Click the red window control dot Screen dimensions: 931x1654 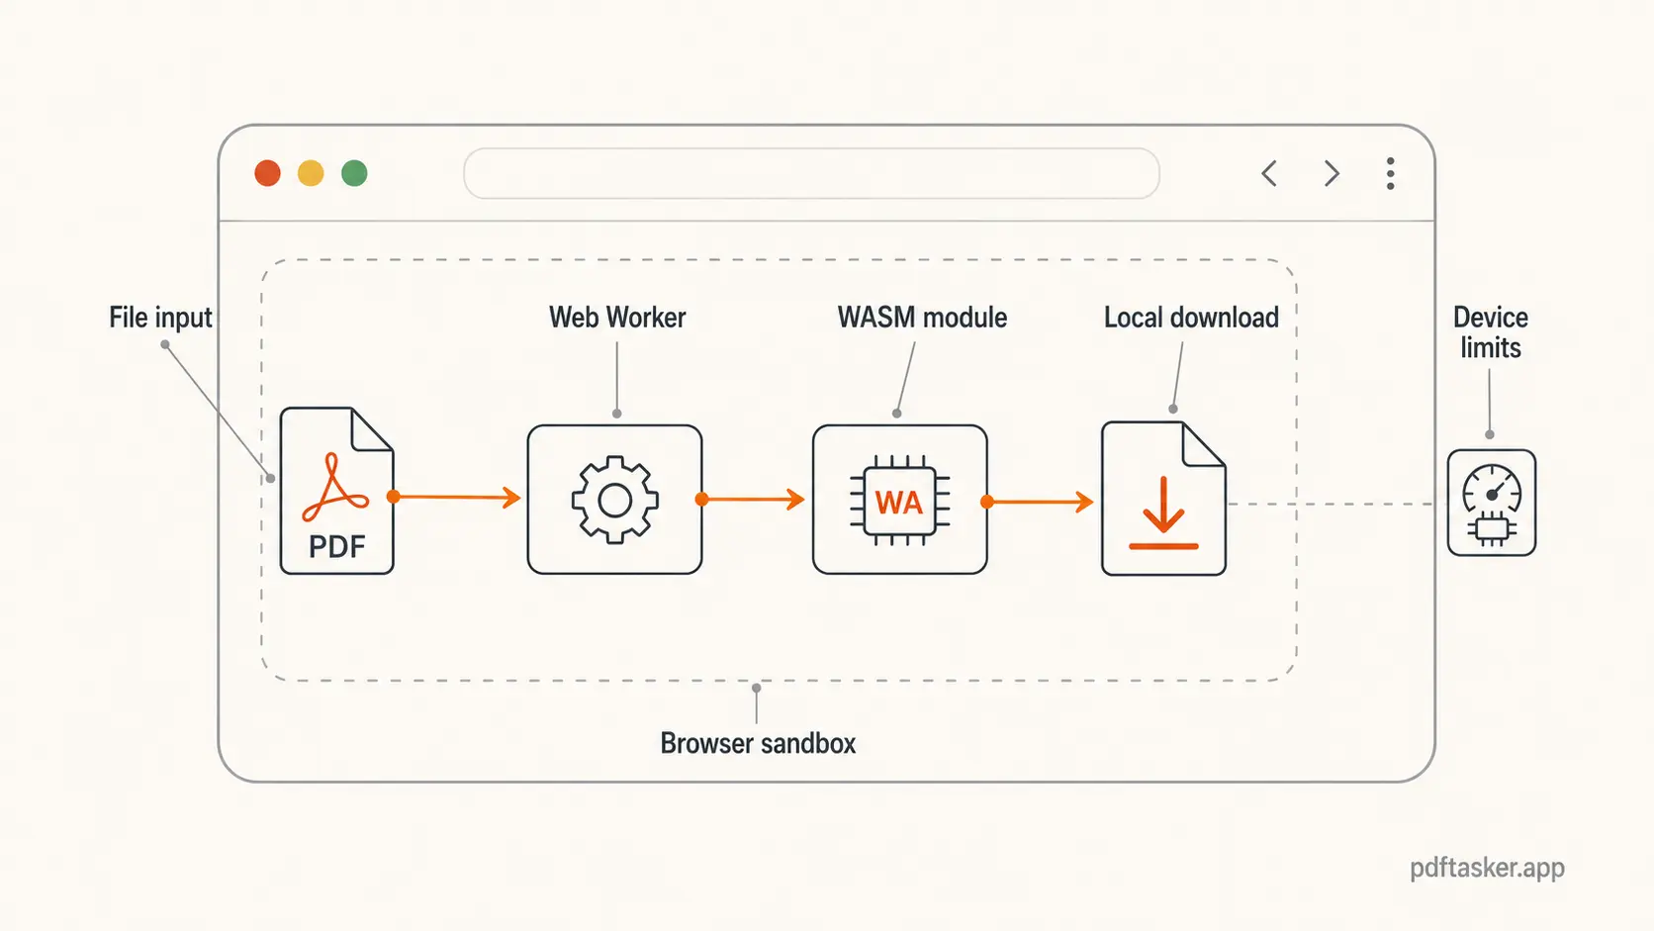tap(267, 173)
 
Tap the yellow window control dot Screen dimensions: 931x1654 tap(311, 173)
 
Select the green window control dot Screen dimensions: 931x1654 tap(354, 173)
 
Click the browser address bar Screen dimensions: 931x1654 tap(811, 173)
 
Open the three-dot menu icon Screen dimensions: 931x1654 tap(1390, 173)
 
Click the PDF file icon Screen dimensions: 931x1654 tap(336, 492)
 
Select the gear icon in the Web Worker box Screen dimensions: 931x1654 tap(614, 500)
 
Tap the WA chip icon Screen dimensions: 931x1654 tap(899, 502)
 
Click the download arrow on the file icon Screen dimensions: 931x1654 tap(1163, 510)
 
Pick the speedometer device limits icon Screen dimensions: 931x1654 tap(1491, 503)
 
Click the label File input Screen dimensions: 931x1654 tap(160, 318)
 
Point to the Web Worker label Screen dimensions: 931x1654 tap(617, 318)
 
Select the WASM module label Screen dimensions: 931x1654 tap(922, 318)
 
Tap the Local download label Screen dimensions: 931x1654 tap(1191, 318)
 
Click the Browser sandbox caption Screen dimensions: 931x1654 tap(758, 743)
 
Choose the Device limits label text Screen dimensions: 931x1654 tap(1491, 332)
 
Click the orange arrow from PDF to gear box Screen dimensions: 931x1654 tap(458, 497)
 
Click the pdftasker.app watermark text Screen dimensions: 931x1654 tap(1487, 868)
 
